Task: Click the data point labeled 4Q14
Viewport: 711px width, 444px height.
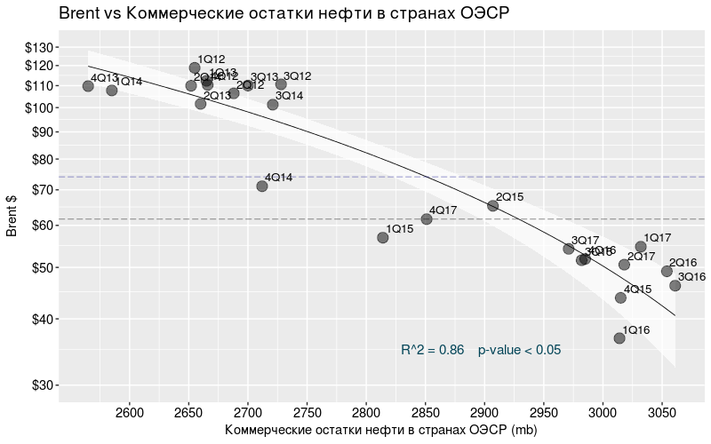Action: tap(262, 186)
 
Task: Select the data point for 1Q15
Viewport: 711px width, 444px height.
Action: tap(383, 237)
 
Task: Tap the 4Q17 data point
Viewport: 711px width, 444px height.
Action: tap(427, 218)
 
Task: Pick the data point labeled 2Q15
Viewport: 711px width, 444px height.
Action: tap(493, 205)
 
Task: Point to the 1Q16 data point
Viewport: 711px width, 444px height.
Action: tap(619, 337)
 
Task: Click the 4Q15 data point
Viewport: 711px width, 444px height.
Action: tap(621, 297)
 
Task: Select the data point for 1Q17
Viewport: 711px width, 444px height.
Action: tap(641, 247)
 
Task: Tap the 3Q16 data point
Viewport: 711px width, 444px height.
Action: tap(675, 285)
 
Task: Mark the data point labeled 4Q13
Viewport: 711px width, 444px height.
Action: tap(88, 86)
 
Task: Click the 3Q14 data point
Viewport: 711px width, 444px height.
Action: tap(273, 104)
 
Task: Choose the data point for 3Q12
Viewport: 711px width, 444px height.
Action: tap(281, 84)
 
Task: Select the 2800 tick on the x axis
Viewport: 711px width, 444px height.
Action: tap(366, 413)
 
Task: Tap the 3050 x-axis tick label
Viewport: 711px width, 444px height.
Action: tap(662, 413)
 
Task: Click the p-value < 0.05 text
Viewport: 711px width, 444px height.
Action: tap(519, 350)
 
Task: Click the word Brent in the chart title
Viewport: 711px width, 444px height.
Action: tap(80, 13)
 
